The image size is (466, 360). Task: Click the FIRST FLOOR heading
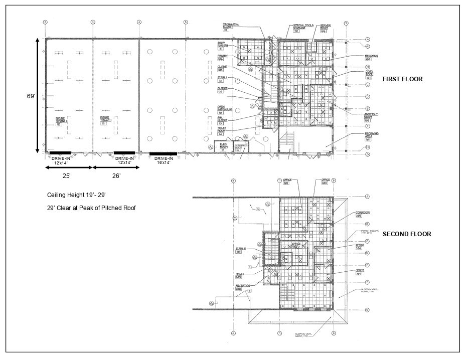point(402,79)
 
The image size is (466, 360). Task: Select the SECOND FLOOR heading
point(407,234)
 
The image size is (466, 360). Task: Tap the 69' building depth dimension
point(31,96)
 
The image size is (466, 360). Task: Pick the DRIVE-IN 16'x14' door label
point(163,160)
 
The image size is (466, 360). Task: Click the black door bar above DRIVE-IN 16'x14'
point(163,153)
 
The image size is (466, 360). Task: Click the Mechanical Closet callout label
point(231,26)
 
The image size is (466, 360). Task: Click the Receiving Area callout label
point(371,135)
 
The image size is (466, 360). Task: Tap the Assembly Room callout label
point(371,116)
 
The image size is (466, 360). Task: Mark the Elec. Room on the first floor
point(223,146)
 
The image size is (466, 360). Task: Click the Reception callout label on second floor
point(242,287)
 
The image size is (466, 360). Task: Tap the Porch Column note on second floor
point(370,233)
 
